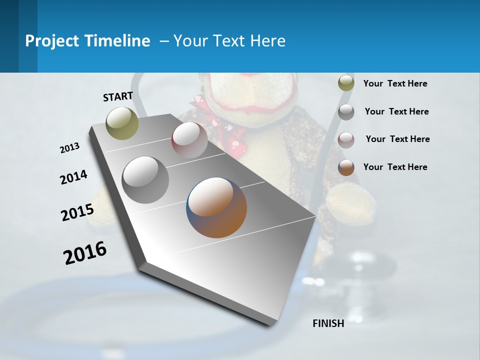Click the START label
(118, 96)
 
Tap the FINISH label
(328, 323)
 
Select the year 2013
(69, 148)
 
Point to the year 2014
(73, 177)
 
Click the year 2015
(77, 212)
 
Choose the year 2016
(85, 253)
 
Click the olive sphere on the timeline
(122, 123)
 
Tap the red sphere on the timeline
(189, 140)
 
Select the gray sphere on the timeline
(145, 180)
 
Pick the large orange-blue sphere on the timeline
(216, 207)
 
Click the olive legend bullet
(346, 83)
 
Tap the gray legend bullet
(346, 111)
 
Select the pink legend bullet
(346, 139)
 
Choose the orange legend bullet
(346, 167)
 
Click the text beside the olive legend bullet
(395, 83)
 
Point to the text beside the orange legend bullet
(395, 167)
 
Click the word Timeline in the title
(118, 41)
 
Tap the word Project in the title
(51, 41)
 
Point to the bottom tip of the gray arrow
(272, 324)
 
